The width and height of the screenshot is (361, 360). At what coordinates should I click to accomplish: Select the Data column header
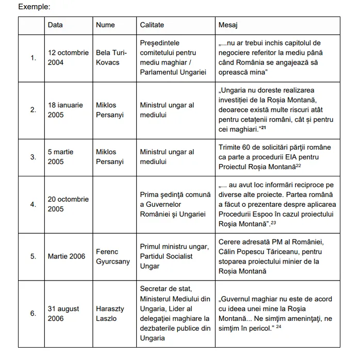55,25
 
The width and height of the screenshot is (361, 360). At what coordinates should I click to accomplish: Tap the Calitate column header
152,25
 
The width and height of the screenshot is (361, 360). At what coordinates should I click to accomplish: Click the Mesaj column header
228,25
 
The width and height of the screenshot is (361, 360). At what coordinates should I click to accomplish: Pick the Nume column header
105,25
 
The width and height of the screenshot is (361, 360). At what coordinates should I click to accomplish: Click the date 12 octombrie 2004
68,57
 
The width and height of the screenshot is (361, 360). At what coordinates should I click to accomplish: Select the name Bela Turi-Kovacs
111,57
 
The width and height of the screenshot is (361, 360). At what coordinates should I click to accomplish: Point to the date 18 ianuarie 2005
65,110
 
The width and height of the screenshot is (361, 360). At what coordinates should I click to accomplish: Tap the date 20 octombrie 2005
68,204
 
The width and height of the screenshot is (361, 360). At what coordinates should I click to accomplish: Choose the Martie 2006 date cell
67,256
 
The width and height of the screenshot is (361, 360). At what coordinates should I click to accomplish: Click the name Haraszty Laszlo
110,313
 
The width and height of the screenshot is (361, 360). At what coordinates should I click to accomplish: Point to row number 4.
33,204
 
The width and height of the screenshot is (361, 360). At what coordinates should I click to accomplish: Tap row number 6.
33,313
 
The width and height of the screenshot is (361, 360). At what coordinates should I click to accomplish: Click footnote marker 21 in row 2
264,127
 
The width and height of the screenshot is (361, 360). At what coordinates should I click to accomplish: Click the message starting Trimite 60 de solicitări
275,157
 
